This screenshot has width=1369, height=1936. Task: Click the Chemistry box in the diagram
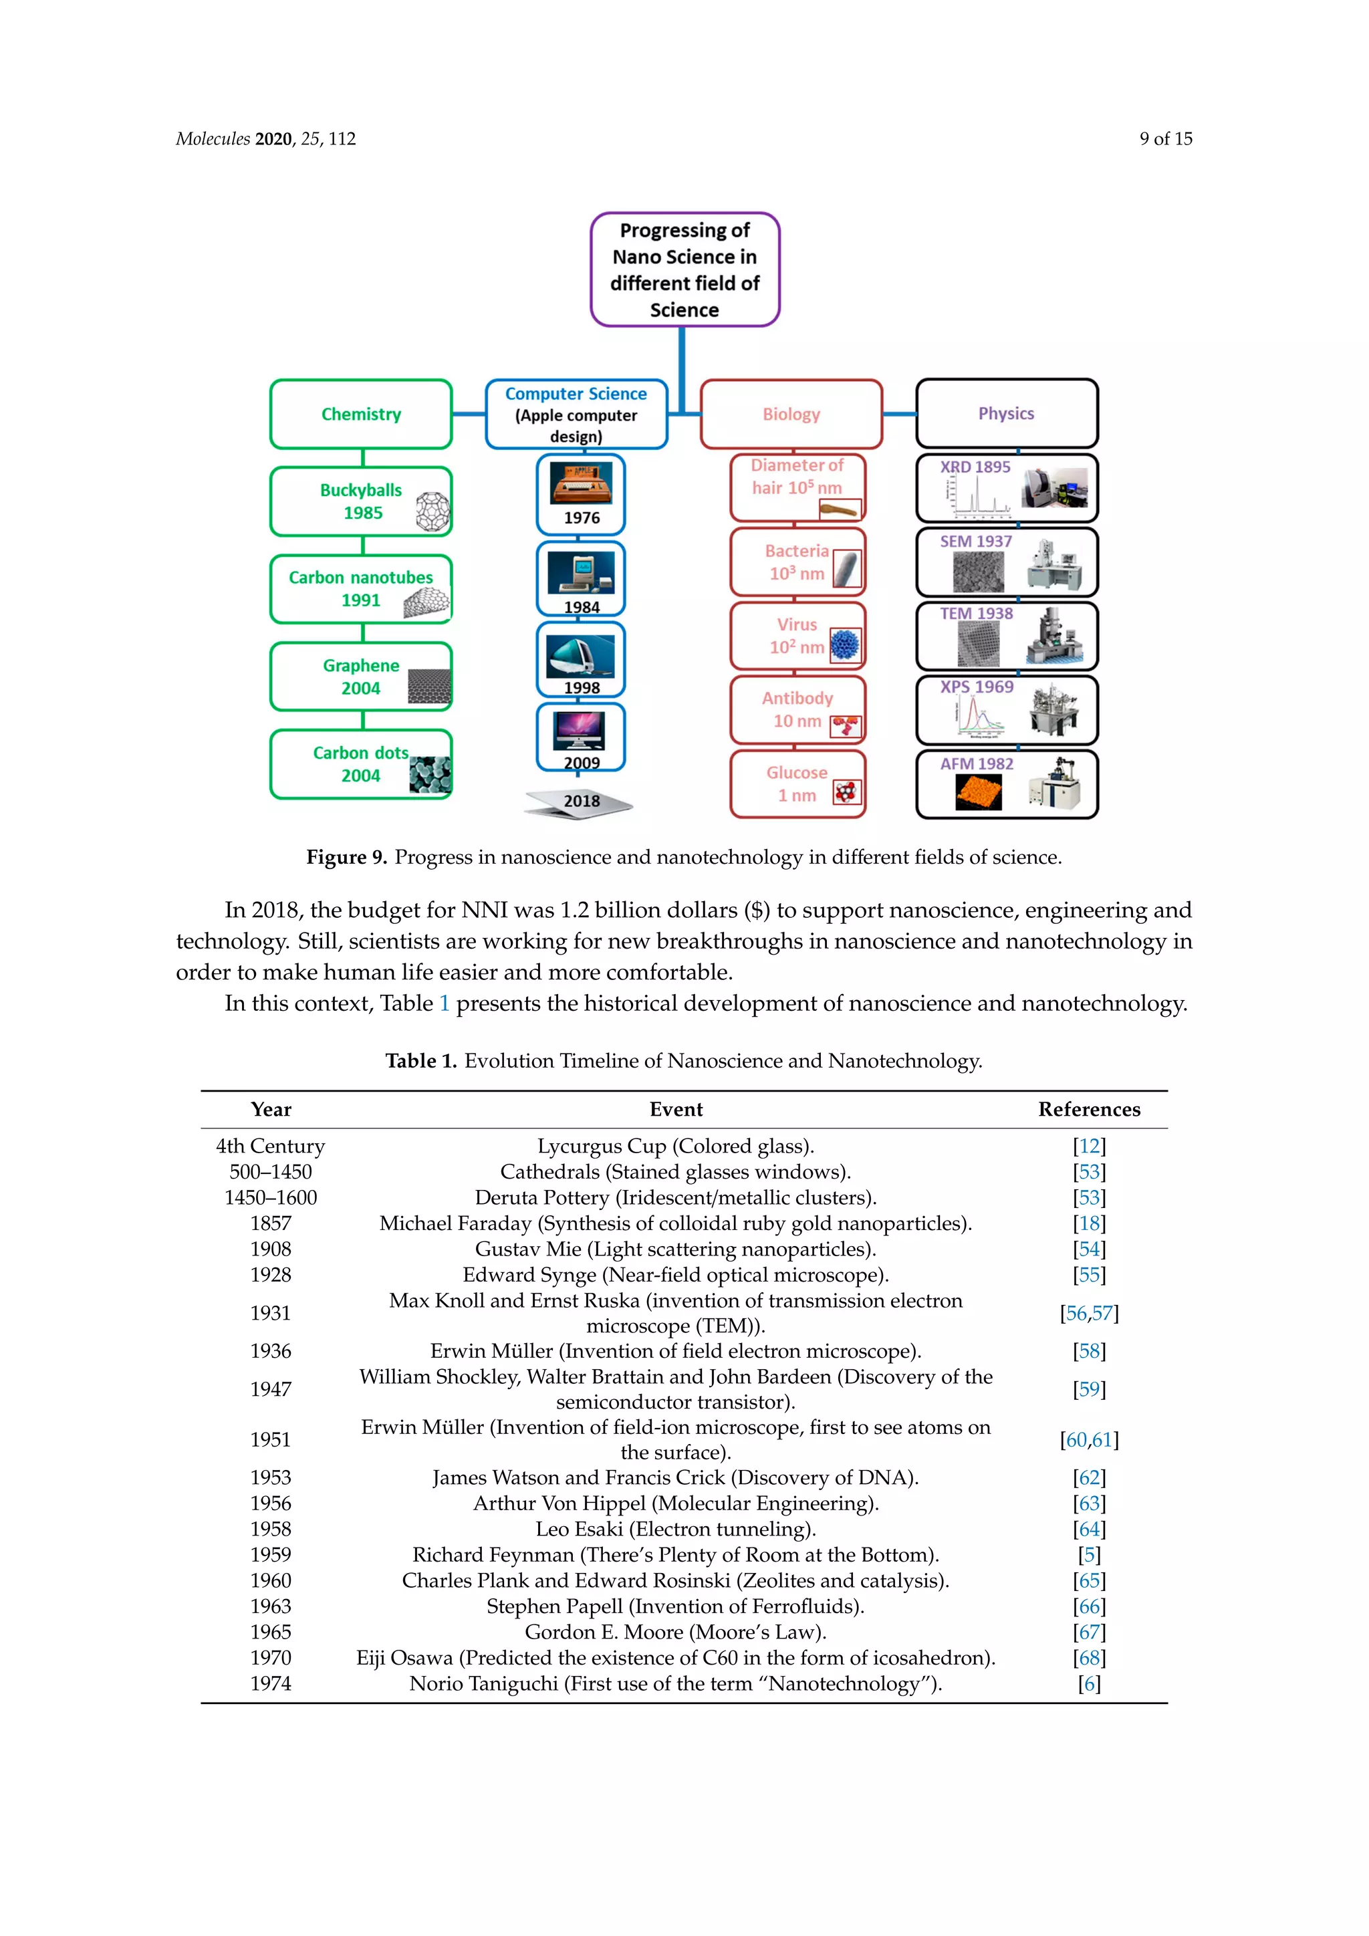point(361,414)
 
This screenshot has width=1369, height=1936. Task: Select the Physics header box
point(1007,413)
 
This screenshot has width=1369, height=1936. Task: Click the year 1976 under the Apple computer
point(582,517)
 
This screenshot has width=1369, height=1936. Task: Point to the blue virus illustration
point(845,646)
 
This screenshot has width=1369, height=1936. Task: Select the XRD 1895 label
point(975,467)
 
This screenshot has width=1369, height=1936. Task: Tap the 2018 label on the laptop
point(582,801)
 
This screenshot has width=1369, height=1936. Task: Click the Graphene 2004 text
point(361,677)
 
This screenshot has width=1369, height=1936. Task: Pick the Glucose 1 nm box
point(797,784)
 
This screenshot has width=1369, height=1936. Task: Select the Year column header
point(271,1110)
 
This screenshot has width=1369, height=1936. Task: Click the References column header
point(1089,1110)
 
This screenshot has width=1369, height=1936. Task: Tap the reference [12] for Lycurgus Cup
point(1089,1146)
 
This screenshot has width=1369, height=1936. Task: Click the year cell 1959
point(271,1555)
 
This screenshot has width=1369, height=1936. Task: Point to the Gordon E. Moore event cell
point(675,1632)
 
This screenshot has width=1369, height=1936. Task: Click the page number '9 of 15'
point(1166,138)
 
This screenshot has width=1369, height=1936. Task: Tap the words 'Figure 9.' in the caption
point(346,858)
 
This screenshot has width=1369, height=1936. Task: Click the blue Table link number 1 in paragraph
point(445,1003)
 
